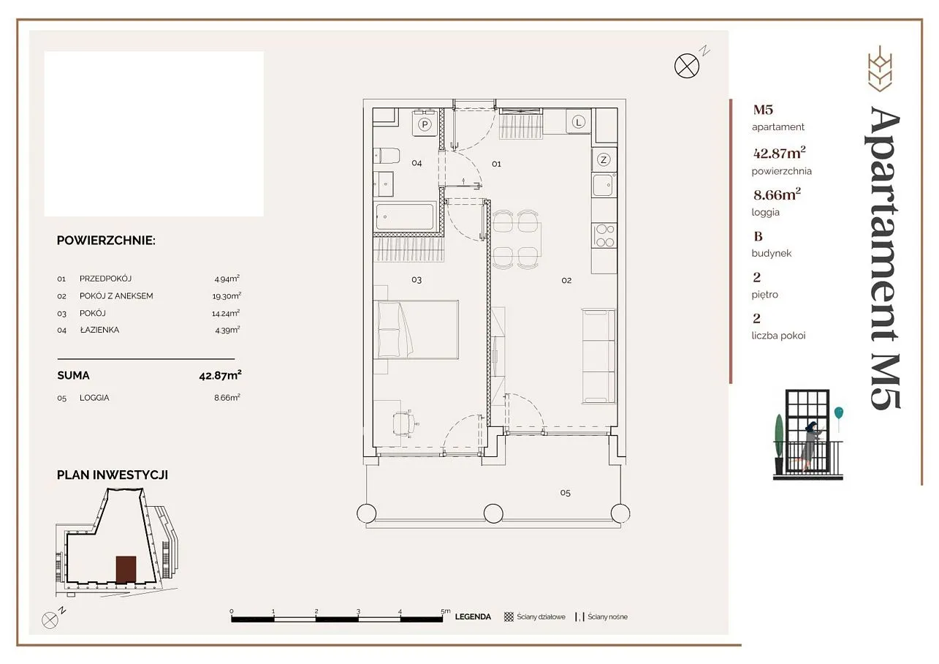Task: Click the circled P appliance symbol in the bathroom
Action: tap(425, 124)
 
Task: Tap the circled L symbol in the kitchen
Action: tap(579, 122)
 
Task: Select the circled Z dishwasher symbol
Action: tap(604, 159)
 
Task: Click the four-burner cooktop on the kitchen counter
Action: tap(604, 235)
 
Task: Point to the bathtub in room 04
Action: tap(405, 216)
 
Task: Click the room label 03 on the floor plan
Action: tap(417, 280)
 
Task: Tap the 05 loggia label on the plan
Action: tap(565, 493)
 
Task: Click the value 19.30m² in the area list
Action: tap(227, 295)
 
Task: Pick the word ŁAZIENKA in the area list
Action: tap(100, 330)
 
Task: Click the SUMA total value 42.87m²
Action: tap(220, 375)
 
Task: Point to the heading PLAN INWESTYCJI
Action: tap(113, 475)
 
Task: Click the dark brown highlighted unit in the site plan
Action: tap(126, 569)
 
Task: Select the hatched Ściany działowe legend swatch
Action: tap(509, 616)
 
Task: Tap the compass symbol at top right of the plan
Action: tap(687, 66)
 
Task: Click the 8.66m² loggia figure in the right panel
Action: tap(777, 195)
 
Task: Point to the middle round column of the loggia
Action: tap(493, 513)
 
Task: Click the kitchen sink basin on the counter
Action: tap(603, 186)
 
